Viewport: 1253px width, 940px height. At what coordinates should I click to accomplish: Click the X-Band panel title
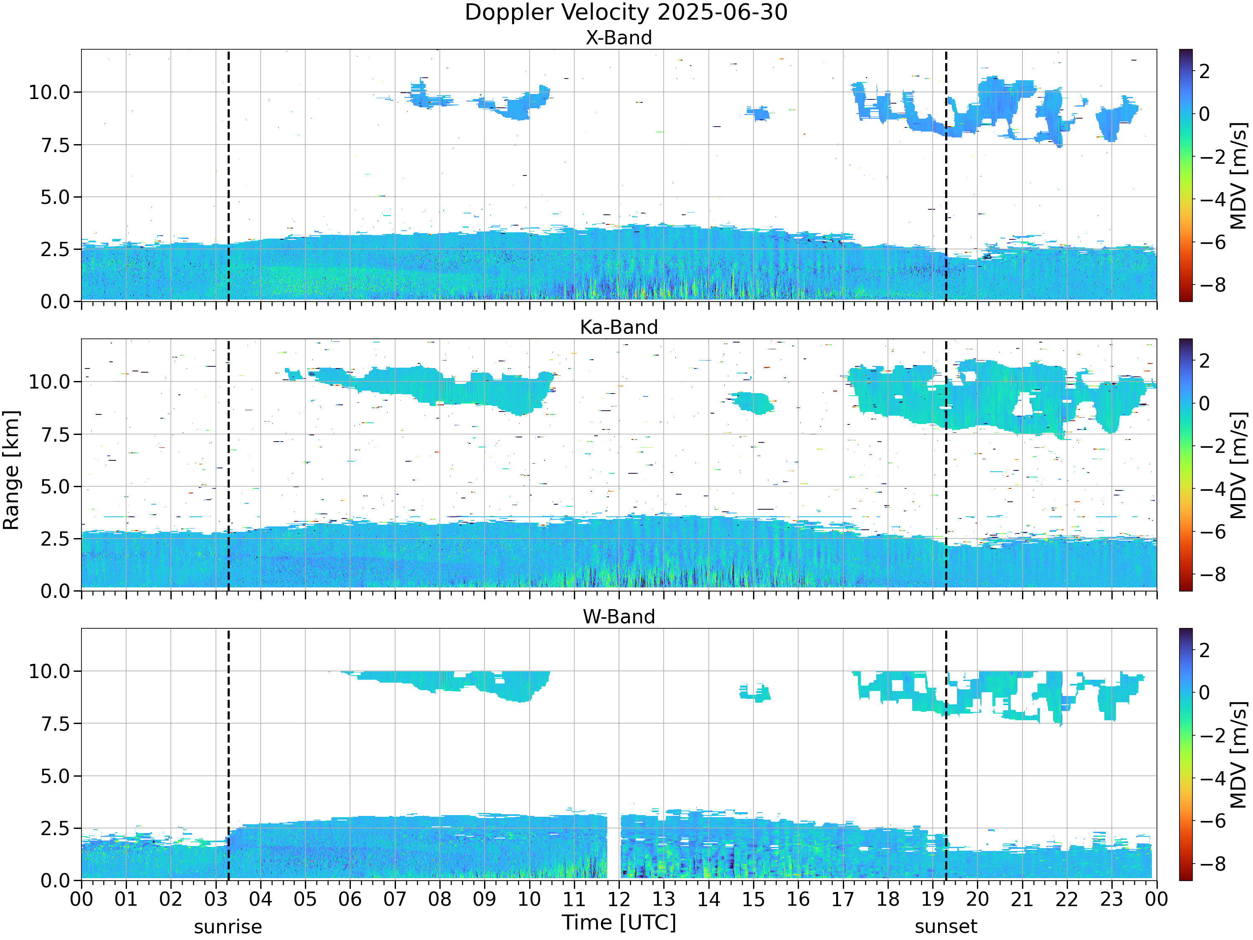click(619, 38)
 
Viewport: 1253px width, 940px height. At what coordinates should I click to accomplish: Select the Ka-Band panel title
click(619, 327)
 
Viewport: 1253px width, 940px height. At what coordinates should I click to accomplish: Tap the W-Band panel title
click(619, 617)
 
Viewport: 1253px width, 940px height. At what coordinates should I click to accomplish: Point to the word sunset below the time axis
click(946, 927)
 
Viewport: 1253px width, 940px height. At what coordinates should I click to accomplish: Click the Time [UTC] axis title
click(619, 922)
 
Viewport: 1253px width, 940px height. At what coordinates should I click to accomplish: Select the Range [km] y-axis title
click(11, 470)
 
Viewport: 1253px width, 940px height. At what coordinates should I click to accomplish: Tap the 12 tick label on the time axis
click(619, 899)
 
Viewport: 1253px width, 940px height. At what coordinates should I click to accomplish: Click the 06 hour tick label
click(350, 899)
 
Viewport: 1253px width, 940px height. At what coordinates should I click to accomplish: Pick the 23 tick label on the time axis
click(1111, 899)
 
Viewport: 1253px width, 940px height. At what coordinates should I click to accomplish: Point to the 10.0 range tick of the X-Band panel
click(49, 92)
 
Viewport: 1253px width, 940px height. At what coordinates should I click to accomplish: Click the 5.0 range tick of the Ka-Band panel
click(55, 487)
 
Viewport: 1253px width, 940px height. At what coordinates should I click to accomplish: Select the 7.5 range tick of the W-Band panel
click(55, 724)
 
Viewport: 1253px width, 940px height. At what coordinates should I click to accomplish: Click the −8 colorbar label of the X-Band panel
click(1212, 285)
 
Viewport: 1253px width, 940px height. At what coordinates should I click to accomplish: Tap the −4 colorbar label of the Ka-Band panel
click(1212, 489)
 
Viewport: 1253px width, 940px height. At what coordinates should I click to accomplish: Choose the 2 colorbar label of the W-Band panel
click(1205, 650)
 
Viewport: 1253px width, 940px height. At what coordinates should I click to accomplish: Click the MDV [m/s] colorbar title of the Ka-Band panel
click(1239, 465)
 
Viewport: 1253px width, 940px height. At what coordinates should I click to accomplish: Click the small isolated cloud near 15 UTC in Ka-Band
click(752, 403)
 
